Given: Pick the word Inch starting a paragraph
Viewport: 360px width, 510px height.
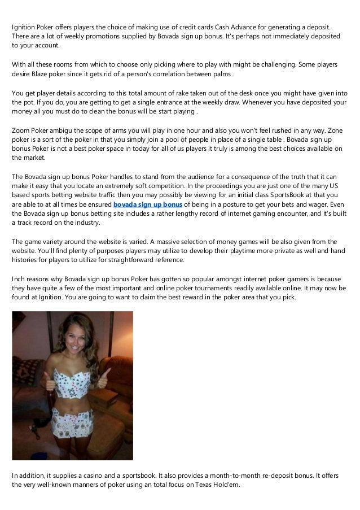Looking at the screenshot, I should click(x=19, y=279).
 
